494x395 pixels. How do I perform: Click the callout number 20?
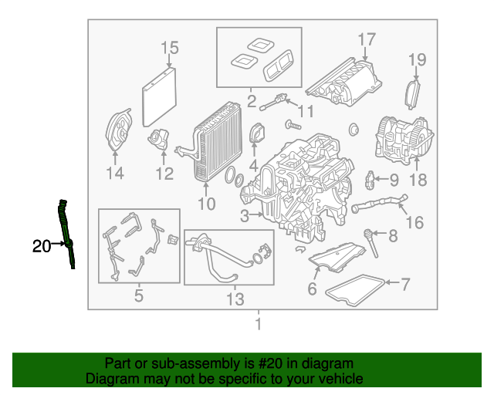tap(41, 246)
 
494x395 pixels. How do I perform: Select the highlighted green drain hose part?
tap(66, 234)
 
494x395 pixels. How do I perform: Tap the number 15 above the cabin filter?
tap(170, 48)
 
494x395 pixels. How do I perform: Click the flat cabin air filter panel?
tap(159, 97)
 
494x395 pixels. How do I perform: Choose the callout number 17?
tap(367, 39)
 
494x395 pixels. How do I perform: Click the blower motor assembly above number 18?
tap(404, 141)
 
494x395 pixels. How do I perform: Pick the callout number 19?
tap(418, 59)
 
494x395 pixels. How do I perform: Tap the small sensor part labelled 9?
tap(370, 180)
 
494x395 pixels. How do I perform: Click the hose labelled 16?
tap(380, 203)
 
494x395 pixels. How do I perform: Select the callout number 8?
tap(393, 235)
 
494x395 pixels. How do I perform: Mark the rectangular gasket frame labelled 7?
tap(355, 290)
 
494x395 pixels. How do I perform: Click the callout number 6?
tap(312, 289)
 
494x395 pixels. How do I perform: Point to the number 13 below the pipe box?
tap(235, 299)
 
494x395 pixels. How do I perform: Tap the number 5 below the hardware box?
tap(139, 295)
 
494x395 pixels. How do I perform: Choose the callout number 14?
tap(115, 173)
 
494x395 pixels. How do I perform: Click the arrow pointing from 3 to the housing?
tap(256, 214)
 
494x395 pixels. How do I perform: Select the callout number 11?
tap(306, 111)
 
